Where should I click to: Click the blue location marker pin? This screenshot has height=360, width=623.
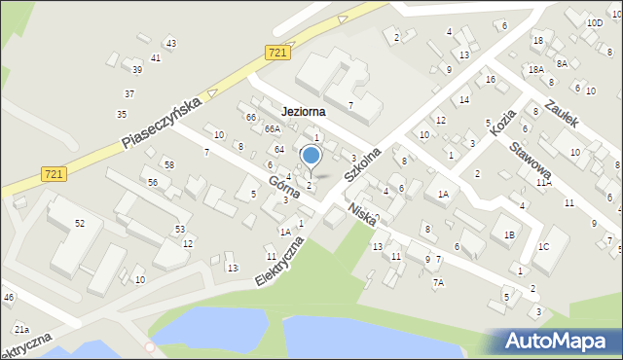point(311,156)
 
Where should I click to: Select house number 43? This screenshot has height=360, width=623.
point(171,43)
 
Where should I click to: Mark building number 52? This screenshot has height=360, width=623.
point(80,224)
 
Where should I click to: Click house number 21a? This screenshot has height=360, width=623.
point(21,331)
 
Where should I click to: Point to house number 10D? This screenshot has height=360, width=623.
point(594,22)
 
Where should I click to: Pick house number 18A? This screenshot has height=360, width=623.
point(535,69)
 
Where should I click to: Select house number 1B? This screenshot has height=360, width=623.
point(508,234)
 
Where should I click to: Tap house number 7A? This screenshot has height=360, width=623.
point(439,282)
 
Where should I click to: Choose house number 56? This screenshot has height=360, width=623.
point(153,182)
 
